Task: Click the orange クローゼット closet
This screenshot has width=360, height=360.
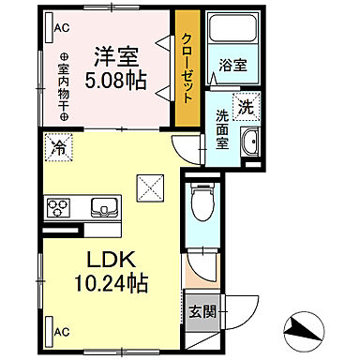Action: (x=188, y=71)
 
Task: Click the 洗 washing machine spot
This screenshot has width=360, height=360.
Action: (x=247, y=107)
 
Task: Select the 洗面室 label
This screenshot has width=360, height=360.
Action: (x=223, y=128)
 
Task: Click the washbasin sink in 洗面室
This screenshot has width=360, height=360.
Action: (x=249, y=144)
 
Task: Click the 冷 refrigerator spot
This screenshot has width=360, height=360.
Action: (x=59, y=147)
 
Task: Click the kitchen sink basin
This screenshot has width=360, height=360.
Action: (x=100, y=205)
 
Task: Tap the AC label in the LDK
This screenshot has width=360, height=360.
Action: (x=62, y=330)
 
